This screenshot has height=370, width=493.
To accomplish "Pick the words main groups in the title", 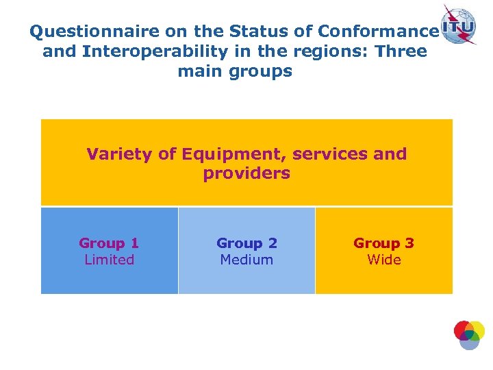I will point(235,71).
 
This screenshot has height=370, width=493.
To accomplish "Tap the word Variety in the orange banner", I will point(120,154).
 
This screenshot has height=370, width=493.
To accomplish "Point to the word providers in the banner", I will point(246,173).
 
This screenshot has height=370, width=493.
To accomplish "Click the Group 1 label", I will point(109,243).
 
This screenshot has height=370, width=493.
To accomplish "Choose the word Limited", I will point(109,260).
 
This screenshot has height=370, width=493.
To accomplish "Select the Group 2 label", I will point(246,243).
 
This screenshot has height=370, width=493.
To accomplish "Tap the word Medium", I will point(246,260).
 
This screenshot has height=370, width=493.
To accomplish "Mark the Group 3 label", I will point(383,243).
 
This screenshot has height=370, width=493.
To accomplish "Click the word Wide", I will point(383,260).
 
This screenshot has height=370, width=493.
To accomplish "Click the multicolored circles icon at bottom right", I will point(469,334).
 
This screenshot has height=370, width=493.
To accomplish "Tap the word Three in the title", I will point(402,51).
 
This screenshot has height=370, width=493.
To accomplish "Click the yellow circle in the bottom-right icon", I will point(476,331).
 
